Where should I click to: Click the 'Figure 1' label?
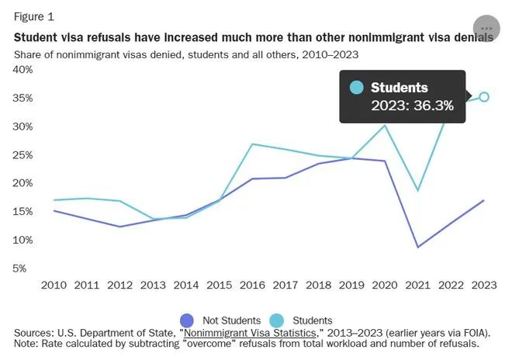point(33,16)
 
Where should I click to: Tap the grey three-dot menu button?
point(486,29)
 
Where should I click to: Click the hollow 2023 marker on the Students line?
point(484,97)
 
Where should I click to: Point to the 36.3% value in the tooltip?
point(433,106)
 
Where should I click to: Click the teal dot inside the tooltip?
point(356,88)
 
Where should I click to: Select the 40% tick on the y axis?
point(22,70)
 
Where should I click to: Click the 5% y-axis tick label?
point(19,268)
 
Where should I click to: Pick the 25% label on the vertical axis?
point(22,155)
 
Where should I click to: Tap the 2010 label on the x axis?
point(54,286)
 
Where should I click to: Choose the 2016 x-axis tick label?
point(252,286)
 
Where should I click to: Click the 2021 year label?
point(417,286)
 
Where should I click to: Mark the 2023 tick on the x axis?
point(484,286)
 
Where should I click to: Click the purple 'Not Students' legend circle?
point(187,320)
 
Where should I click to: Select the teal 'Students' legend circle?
point(277,320)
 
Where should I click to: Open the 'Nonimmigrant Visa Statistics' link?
point(250,333)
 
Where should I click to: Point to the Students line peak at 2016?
point(252,144)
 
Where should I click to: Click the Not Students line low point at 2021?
point(417,247)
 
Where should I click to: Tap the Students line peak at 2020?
point(385,125)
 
